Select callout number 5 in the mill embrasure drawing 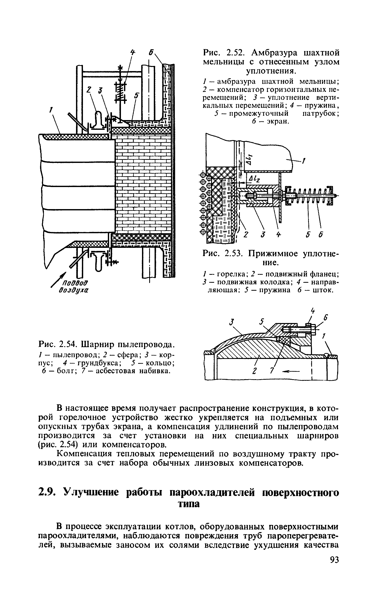(x=136, y=95)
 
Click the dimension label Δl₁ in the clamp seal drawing (x=249, y=159)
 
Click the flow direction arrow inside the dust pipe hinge (x=291, y=371)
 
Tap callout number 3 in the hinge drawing (x=232, y=322)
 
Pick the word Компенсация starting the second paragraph (x=84, y=454)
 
